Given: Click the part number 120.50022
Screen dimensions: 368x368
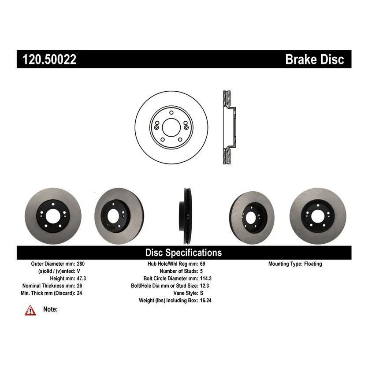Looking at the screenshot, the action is point(49,59).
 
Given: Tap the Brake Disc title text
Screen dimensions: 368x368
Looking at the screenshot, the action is point(315,59).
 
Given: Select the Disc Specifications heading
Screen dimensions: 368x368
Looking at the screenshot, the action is point(183,253).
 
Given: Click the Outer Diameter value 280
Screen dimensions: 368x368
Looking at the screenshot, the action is point(81,264).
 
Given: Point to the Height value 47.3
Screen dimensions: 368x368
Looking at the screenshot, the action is point(82,279).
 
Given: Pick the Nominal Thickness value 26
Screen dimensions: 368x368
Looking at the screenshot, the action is point(79,286).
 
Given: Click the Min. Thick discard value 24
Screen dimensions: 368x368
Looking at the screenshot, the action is point(79,293).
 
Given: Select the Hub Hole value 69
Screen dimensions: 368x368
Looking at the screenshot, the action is point(203,264).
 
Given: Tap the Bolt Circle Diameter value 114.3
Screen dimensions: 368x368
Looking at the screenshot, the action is point(206,279).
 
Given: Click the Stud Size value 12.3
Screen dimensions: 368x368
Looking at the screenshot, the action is point(204,286).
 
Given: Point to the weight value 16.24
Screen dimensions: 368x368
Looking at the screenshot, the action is point(206,300).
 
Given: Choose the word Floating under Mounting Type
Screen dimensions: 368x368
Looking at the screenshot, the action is point(313,264).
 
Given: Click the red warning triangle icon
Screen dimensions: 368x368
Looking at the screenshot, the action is point(30,310).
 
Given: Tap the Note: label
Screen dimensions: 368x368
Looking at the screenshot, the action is point(50,309).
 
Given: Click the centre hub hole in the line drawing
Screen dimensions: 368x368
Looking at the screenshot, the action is point(171,127).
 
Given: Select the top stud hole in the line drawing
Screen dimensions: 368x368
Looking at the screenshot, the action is point(171,113).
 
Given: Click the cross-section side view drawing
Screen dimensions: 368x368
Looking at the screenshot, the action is point(229,127).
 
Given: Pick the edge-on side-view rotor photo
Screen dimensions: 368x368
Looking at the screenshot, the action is point(186,216).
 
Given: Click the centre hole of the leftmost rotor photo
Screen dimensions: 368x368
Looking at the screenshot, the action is point(53,216).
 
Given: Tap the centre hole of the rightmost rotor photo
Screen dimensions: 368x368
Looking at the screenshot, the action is point(318,216).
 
